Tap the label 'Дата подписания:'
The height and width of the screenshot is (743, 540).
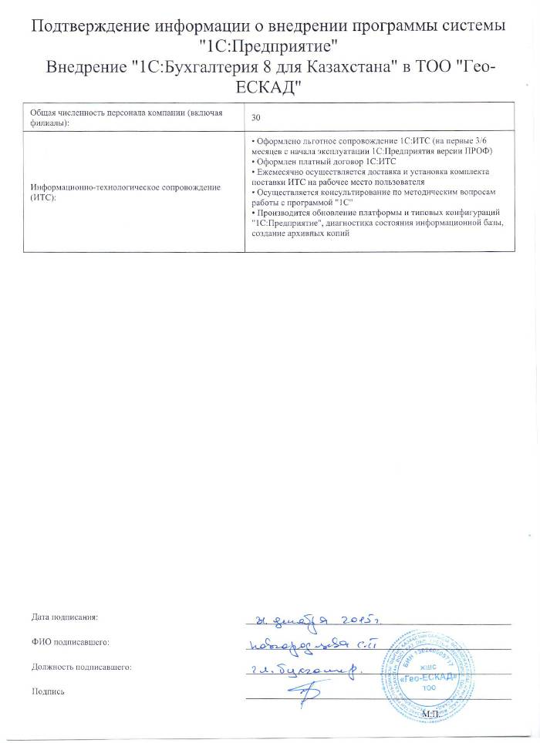pyautogui.click(x=65, y=617)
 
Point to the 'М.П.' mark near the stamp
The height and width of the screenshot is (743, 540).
pyautogui.click(x=430, y=715)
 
